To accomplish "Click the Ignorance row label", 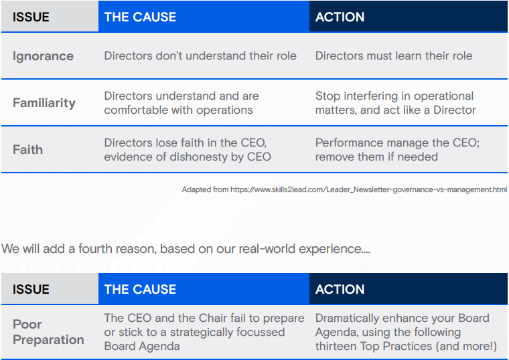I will [43, 56].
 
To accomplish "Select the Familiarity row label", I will [44, 103].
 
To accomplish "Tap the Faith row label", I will [27, 150].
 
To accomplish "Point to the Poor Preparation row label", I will [48, 332].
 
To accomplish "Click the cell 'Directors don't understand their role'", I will [200, 56].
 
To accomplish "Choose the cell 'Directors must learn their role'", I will [394, 56].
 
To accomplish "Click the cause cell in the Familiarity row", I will [181, 103].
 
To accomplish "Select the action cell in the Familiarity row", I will [394, 103].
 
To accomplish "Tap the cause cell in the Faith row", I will [188, 150].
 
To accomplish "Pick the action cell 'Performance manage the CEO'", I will [397, 150].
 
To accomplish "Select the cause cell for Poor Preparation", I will [204, 332].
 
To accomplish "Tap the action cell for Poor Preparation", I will [406, 332].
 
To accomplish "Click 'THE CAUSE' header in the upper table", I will [140, 17].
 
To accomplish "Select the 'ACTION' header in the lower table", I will [340, 290].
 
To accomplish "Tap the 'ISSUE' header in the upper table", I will [31, 17].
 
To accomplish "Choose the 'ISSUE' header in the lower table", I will [31, 290].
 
